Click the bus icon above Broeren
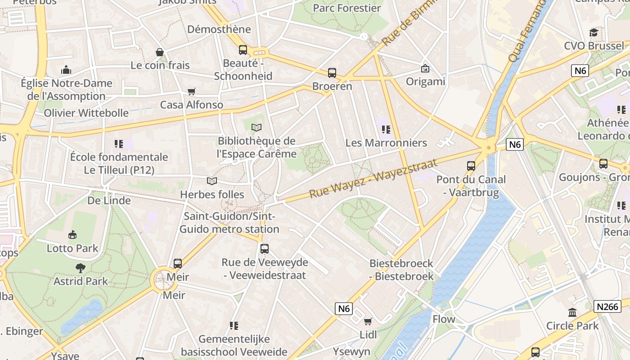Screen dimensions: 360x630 (332, 72)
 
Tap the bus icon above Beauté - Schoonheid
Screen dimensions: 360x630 (243, 50)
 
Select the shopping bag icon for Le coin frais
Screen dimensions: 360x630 (159, 52)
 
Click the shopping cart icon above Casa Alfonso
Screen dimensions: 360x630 (192, 92)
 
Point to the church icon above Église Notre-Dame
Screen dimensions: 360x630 (66, 70)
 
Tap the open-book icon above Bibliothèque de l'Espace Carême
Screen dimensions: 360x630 (256, 128)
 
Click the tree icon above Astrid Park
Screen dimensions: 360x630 (81, 268)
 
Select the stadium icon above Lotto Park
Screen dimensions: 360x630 (72, 235)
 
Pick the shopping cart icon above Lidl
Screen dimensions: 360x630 (368, 321)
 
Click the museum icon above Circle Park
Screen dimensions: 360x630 (572, 312)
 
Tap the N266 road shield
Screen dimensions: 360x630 (607, 306)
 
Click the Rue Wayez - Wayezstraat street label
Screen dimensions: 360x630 (373, 179)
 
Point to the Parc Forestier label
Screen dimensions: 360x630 (347, 8)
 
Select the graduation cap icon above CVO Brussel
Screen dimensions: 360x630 (594, 32)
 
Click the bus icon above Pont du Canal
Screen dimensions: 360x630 (471, 166)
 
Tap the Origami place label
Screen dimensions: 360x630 (425, 81)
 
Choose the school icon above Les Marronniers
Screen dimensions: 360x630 (386, 130)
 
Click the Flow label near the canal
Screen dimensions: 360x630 (444, 319)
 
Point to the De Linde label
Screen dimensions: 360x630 (109, 200)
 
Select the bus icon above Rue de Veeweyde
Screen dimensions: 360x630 (265, 249)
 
